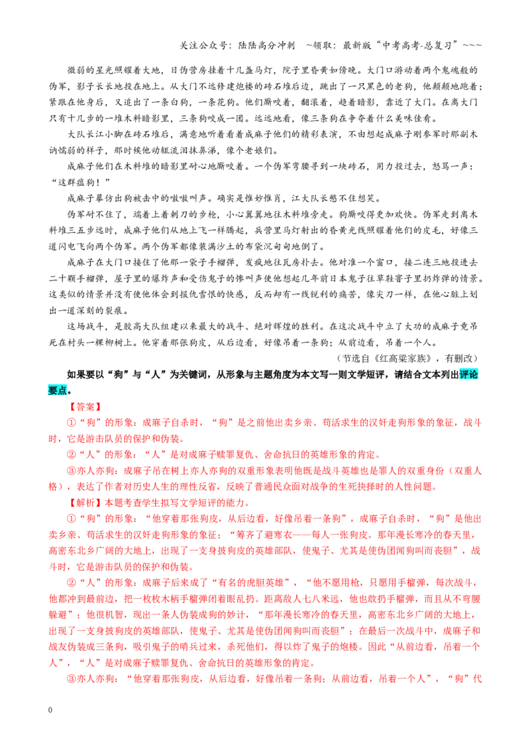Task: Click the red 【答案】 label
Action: [85, 407]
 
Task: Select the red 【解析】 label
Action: [85, 503]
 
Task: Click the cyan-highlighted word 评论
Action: [469, 374]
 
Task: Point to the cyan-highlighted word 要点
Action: [58, 391]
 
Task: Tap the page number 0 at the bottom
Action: [51, 710]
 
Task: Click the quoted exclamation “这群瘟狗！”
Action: [81, 183]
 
